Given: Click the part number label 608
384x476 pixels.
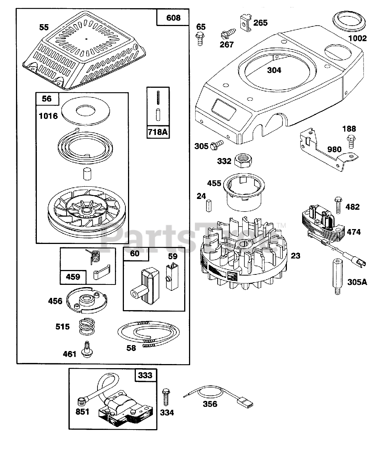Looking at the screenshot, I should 173,18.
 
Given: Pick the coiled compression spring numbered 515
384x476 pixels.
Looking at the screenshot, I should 86,327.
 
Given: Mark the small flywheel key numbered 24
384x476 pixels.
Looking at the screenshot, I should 209,205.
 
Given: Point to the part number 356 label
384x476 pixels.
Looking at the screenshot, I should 210,404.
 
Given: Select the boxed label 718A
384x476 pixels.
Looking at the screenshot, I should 158,132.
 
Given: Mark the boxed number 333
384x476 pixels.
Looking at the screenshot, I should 145,375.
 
